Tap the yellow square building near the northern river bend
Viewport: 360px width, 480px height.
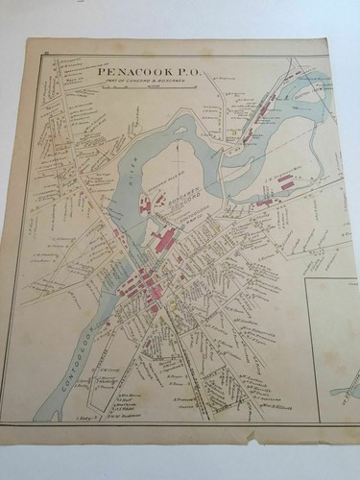(x=233, y=132)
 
